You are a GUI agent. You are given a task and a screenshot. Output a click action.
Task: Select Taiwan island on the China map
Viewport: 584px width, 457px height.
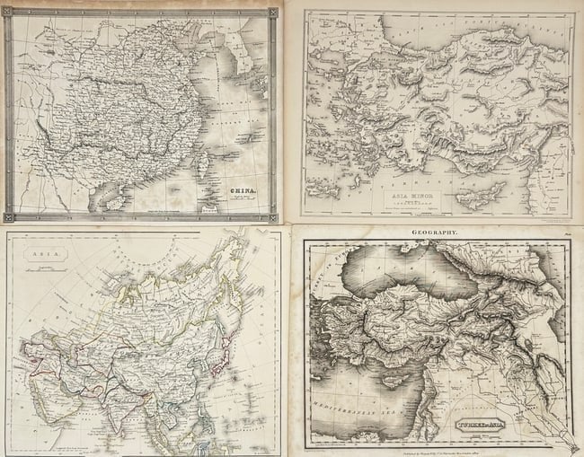tap(202, 162)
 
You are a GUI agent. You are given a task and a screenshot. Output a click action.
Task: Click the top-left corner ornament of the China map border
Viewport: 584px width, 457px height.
tap(9, 13)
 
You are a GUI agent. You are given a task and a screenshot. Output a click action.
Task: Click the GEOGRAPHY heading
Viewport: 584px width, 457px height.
tap(435, 233)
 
